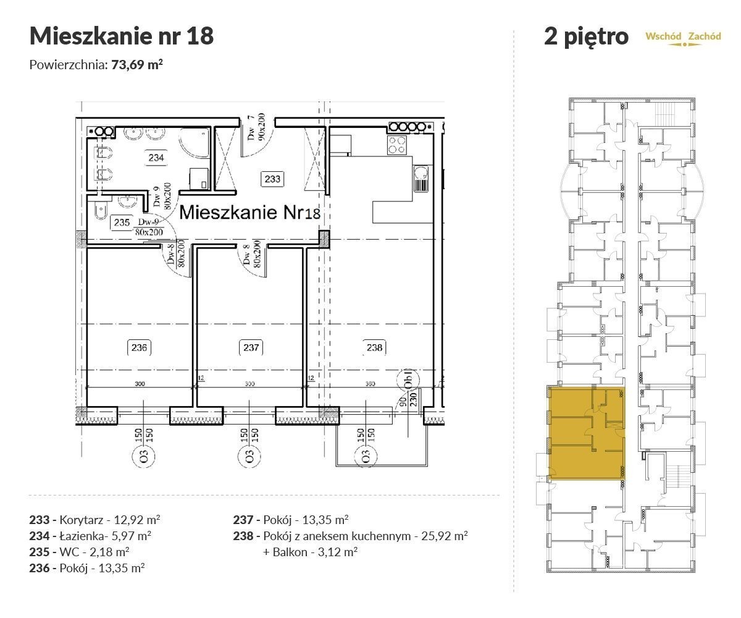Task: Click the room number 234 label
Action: [x=156, y=158]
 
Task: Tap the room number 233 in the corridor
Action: [x=272, y=179]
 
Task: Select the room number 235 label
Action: [x=122, y=222]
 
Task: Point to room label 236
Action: [x=139, y=347]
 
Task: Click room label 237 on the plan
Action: [x=251, y=347]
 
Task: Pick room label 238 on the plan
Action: [x=374, y=347]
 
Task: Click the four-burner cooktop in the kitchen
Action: [x=397, y=145]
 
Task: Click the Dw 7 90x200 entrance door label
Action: [x=256, y=127]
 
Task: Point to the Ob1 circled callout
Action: [x=409, y=379]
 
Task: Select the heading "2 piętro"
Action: [x=586, y=36]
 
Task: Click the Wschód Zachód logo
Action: [x=683, y=38]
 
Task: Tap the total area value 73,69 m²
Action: [x=137, y=65]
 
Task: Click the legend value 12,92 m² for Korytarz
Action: [x=136, y=520]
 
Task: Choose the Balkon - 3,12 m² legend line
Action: [x=310, y=552]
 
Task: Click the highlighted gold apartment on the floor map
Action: [x=587, y=433]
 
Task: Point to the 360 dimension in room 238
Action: [x=370, y=384]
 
